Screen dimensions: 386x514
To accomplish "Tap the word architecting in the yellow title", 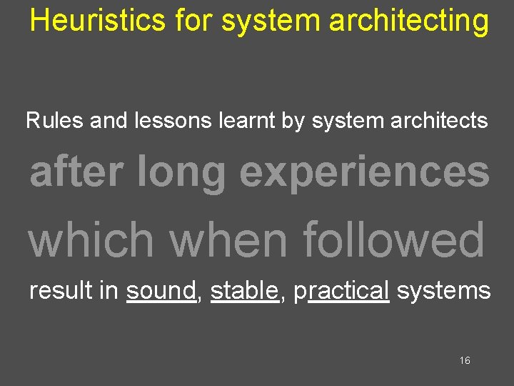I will (410, 21).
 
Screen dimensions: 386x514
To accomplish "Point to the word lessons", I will (172, 120).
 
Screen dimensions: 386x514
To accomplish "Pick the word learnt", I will (246, 120).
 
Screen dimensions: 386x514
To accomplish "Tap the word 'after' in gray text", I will (74, 172).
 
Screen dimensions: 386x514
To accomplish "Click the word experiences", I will (364, 174).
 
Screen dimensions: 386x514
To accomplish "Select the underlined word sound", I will (161, 290).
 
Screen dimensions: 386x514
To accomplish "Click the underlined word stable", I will (244, 290).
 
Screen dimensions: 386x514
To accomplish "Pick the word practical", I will (341, 291).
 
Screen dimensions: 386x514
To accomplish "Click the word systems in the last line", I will (443, 291).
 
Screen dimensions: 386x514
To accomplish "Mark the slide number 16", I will (465, 361).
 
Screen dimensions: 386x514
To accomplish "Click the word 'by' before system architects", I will (293, 121).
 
